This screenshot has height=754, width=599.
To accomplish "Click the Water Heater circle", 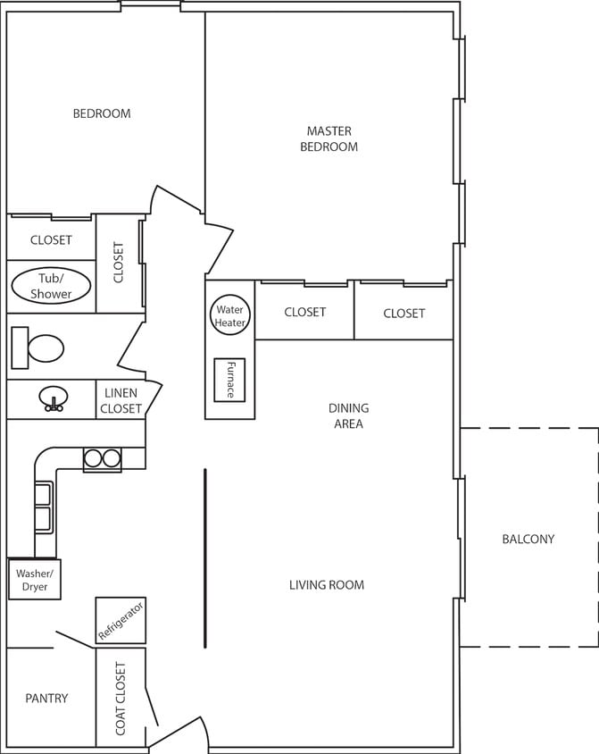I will [x=229, y=316].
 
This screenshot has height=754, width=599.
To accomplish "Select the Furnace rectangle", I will [x=229, y=380].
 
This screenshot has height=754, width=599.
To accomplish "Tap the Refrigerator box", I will [x=121, y=620].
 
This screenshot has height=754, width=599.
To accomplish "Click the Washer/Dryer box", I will [x=35, y=579].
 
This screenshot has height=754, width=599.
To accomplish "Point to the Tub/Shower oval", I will [x=51, y=287].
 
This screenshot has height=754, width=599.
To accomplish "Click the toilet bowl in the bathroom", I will [x=46, y=348].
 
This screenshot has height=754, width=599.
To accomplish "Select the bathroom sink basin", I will [x=54, y=398].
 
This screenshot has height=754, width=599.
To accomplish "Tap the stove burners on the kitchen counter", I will [x=102, y=459].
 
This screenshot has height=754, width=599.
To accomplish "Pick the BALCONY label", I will [x=528, y=539].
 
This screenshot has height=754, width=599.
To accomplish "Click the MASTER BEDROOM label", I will [x=329, y=138].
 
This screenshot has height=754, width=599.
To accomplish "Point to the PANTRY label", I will [x=46, y=698].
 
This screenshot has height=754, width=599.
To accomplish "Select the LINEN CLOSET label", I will [x=121, y=401].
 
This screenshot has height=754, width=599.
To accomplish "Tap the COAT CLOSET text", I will [x=121, y=699].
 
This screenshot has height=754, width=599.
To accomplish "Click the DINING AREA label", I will [x=348, y=416].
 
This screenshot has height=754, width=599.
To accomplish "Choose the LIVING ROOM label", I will [x=327, y=585].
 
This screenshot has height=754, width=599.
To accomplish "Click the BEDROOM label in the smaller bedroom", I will [x=102, y=113].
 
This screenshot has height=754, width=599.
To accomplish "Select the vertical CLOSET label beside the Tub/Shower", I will [x=120, y=263].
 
